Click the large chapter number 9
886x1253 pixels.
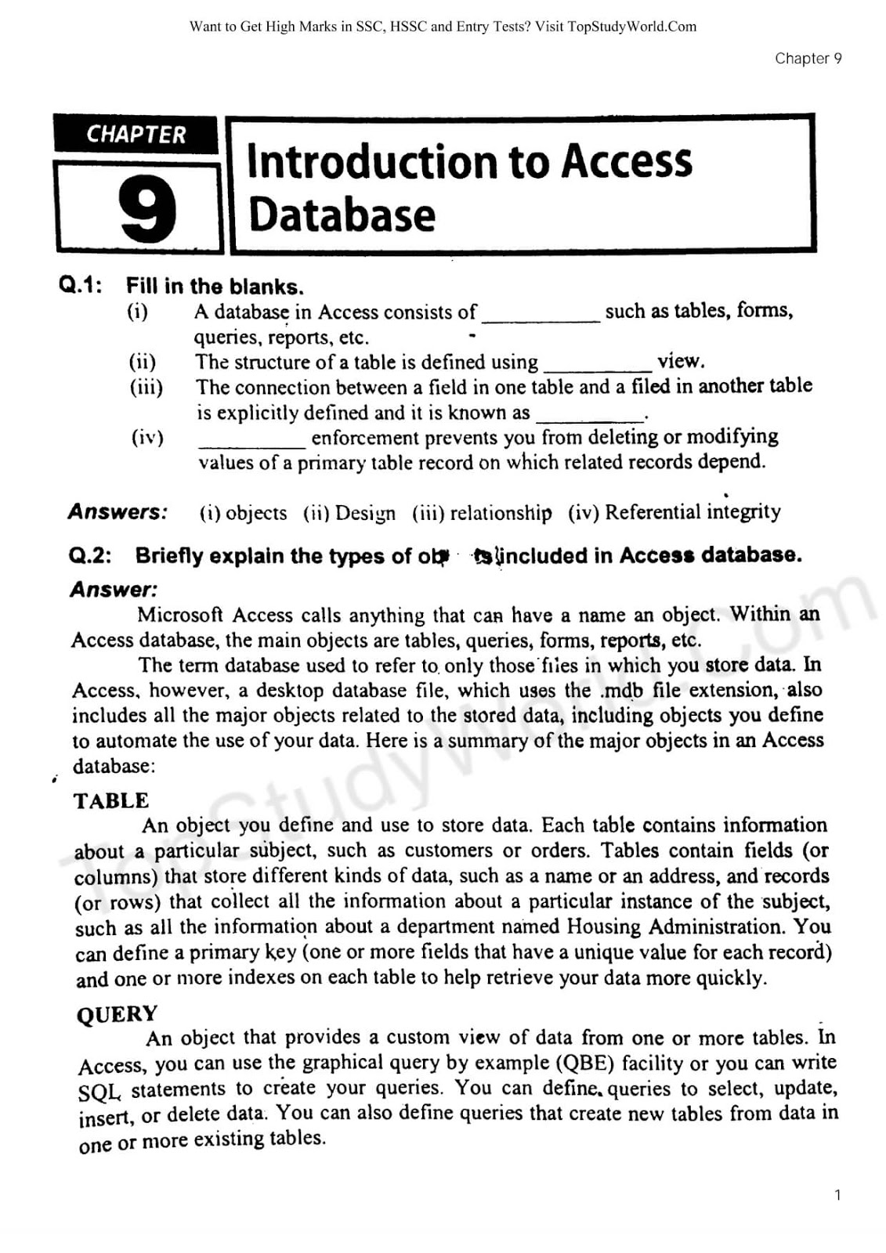[147, 209]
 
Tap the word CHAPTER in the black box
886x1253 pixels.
[136, 135]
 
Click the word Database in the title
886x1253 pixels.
[342, 215]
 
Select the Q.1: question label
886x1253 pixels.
[81, 285]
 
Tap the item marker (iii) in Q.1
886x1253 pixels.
[146, 387]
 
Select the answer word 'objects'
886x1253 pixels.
[256, 513]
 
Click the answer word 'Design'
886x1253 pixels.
[365, 513]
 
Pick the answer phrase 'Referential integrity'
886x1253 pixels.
[693, 512]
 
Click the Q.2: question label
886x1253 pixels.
[90, 556]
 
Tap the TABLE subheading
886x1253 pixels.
[111, 800]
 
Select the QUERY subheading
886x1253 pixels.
[118, 1014]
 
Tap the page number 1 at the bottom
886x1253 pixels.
[837, 1195]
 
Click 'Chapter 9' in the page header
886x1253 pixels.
[808, 59]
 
